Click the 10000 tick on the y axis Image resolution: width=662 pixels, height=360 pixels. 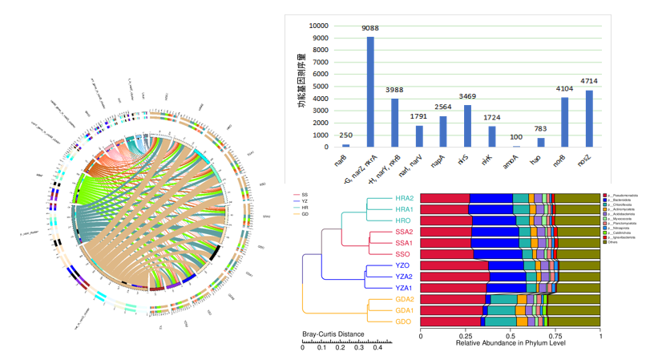point(318,25)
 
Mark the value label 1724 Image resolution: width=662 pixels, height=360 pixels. point(491,118)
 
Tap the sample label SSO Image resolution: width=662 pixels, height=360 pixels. point(402,253)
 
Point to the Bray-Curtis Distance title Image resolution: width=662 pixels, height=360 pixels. point(333,334)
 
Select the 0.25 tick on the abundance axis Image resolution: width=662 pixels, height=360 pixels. point(465,337)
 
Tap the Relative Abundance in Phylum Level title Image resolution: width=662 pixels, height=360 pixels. point(510,344)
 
